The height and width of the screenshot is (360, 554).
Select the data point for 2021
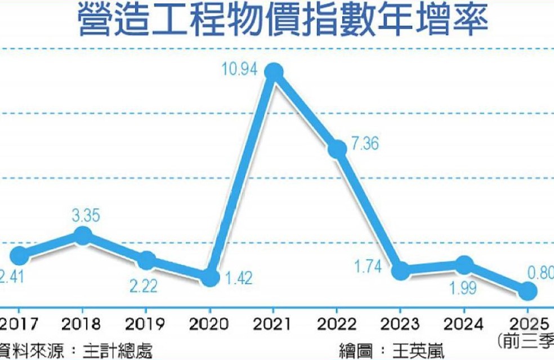[x=274, y=71]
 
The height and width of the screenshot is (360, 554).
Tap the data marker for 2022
[x=337, y=148]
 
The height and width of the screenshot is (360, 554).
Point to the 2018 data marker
[x=83, y=235]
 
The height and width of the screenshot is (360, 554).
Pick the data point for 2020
[x=210, y=277]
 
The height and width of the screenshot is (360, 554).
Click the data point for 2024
[x=464, y=264]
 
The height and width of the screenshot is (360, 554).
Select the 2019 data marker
[x=146, y=260]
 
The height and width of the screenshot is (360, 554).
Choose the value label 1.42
[x=239, y=277]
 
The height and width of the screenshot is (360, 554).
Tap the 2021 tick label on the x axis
[x=273, y=324]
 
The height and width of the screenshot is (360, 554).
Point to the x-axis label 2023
[x=400, y=324]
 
